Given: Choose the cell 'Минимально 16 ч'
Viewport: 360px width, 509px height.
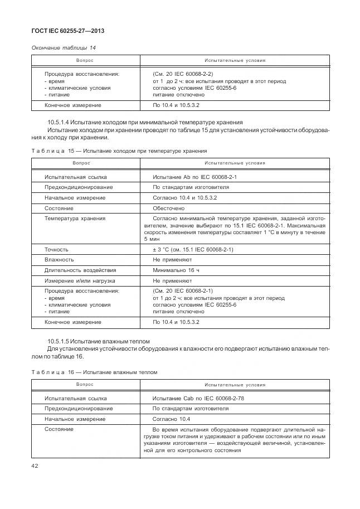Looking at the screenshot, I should click(176, 270).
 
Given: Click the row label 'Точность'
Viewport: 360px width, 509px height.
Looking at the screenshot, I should click(57, 249).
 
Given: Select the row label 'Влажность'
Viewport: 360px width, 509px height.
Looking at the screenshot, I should click(59, 260).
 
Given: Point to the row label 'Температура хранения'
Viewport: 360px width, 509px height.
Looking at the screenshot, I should click(75, 219).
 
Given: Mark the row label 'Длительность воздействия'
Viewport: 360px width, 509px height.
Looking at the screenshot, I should click(80, 270).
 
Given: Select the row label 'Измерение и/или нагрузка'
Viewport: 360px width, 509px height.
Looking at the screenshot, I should click(80, 280).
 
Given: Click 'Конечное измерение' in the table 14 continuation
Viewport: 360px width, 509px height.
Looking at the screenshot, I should click(72, 105).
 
